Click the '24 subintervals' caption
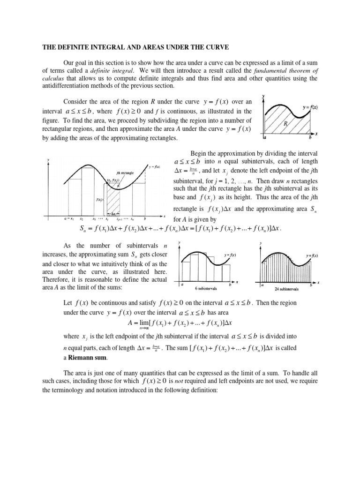click(286, 289)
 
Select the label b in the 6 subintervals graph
click(230, 285)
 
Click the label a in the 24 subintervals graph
click(262, 285)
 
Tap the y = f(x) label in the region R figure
click(310, 107)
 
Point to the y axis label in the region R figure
click(263, 96)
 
